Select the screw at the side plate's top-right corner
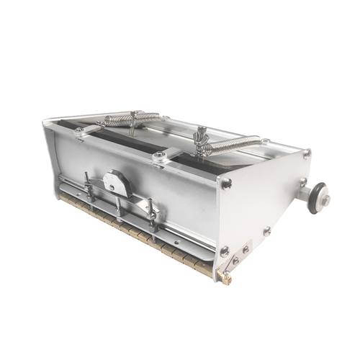(307, 153)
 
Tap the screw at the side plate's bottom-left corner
(225, 251)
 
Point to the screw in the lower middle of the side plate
(267, 232)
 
